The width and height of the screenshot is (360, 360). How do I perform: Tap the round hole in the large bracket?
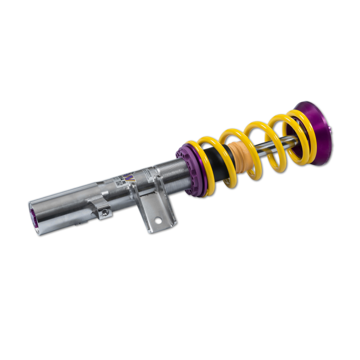pos(158,220)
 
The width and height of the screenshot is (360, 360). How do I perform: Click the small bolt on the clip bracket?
pos(104,211)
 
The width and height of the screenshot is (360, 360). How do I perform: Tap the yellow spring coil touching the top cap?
pos(306,135)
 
